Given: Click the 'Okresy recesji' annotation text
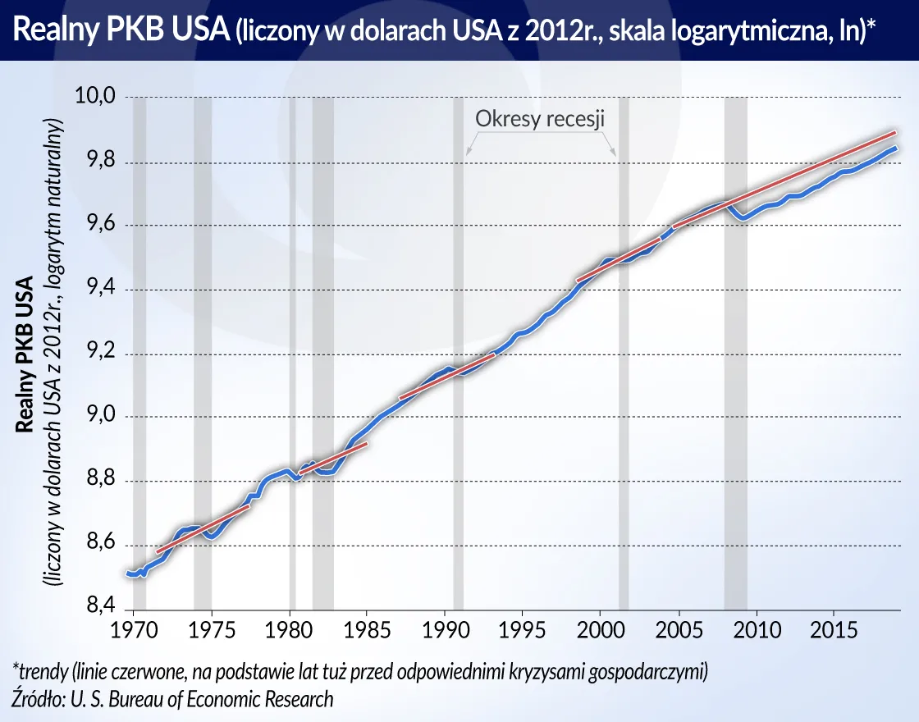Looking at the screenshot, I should pyautogui.click(x=540, y=119).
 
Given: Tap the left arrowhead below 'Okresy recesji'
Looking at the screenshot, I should pyautogui.click(x=469, y=151).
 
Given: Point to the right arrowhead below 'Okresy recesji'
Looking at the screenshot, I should pyautogui.click(x=613, y=151).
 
